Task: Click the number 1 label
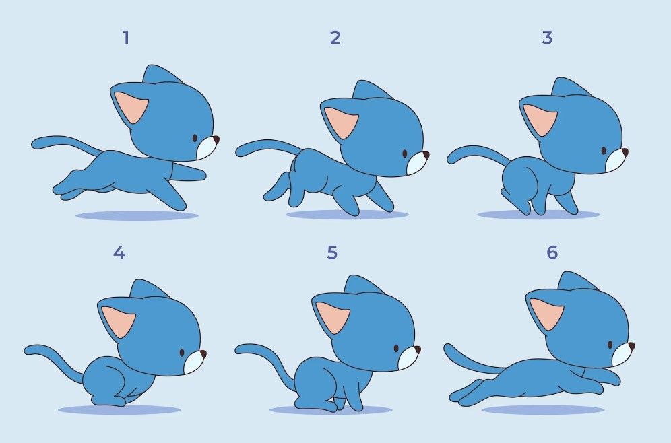coord(125,38)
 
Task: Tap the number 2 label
coord(335,38)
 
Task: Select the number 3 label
coord(547,38)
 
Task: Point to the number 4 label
coord(119,253)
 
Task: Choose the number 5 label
coord(332,253)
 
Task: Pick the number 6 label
coord(552,253)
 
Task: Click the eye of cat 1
coord(195,138)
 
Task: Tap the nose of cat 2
coord(426,155)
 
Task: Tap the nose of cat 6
coord(632,346)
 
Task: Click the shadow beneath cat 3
coord(538,215)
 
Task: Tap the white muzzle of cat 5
coord(408,360)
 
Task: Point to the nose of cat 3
coord(625,152)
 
